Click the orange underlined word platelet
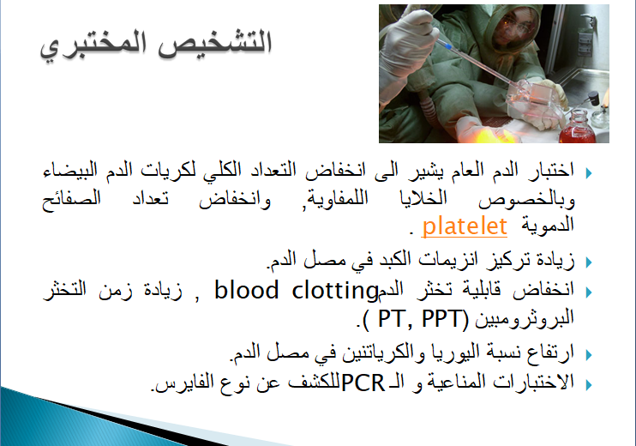465,226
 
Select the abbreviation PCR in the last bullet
363,383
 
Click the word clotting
335,292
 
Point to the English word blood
247,291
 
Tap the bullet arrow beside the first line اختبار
589,173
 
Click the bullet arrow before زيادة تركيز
589,262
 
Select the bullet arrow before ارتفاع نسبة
589,355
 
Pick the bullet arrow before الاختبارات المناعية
589,384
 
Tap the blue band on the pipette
447,47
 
